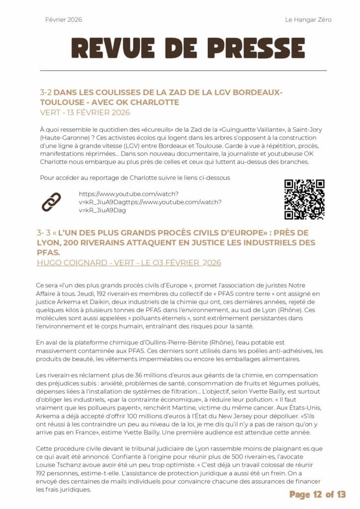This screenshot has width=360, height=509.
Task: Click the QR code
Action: (x=304, y=199)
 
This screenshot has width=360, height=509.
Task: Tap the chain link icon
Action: (x=51, y=201)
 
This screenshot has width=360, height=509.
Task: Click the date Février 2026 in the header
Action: (x=64, y=20)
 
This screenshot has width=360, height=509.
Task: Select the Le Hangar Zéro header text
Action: (x=308, y=20)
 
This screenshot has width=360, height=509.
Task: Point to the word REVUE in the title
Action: (x=109, y=48)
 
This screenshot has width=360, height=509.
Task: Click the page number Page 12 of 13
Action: (x=317, y=494)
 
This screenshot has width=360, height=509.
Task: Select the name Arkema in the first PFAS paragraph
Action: (x=63, y=294)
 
